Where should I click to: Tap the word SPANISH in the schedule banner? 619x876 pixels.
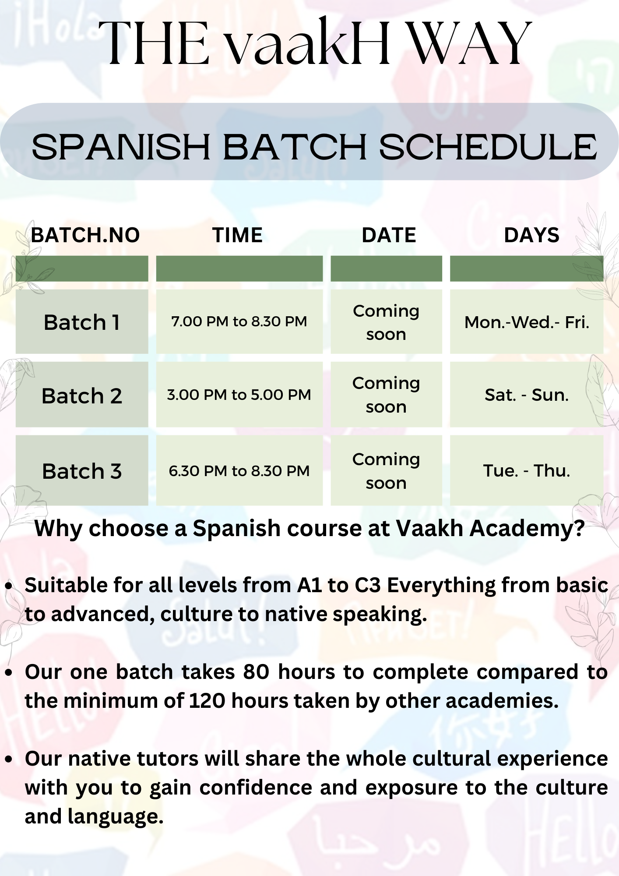[x=121, y=147]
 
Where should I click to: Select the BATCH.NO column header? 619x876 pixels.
[x=85, y=235]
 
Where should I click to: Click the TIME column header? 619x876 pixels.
[x=238, y=235]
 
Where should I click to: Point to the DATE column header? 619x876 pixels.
[x=389, y=235]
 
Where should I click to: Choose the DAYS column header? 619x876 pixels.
[x=531, y=235]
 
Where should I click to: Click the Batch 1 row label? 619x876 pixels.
[x=82, y=322]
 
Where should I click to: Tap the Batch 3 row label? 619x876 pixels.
[x=82, y=471]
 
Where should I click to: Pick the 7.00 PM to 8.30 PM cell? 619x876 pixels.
[x=239, y=321]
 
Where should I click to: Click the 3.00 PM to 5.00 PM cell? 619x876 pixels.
[x=239, y=395]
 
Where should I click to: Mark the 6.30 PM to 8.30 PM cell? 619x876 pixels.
[x=239, y=471]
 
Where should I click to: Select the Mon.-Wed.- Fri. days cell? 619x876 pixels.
[x=527, y=322]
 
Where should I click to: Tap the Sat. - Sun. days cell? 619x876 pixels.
[x=527, y=395]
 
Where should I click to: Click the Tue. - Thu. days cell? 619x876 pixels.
[x=527, y=471]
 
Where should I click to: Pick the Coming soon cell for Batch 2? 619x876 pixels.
[x=386, y=395]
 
